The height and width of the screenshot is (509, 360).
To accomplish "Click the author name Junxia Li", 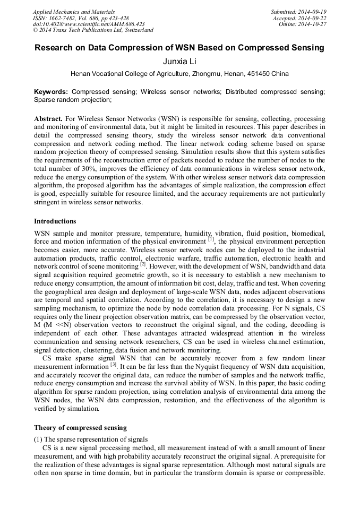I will click(x=179, y=62).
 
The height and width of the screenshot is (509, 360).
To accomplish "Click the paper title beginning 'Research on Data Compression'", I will click(x=179, y=48).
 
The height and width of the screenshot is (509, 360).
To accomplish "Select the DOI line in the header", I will click(x=88, y=24).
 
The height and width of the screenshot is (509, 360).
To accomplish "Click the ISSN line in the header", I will click(x=80, y=18).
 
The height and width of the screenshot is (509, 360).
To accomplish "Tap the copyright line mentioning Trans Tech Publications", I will click(x=93, y=30).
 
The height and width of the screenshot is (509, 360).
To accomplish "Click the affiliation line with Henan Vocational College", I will click(x=179, y=74).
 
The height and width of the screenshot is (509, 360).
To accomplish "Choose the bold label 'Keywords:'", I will click(x=51, y=92).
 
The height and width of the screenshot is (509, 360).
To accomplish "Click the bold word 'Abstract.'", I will click(x=48, y=119).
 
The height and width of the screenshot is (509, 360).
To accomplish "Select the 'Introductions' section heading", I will click(x=55, y=221).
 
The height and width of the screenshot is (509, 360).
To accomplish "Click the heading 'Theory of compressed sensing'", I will click(x=80, y=427).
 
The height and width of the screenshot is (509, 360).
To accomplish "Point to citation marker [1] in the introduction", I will click(x=211, y=239).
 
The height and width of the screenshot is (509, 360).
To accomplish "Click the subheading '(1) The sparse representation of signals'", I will click(x=91, y=439).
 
